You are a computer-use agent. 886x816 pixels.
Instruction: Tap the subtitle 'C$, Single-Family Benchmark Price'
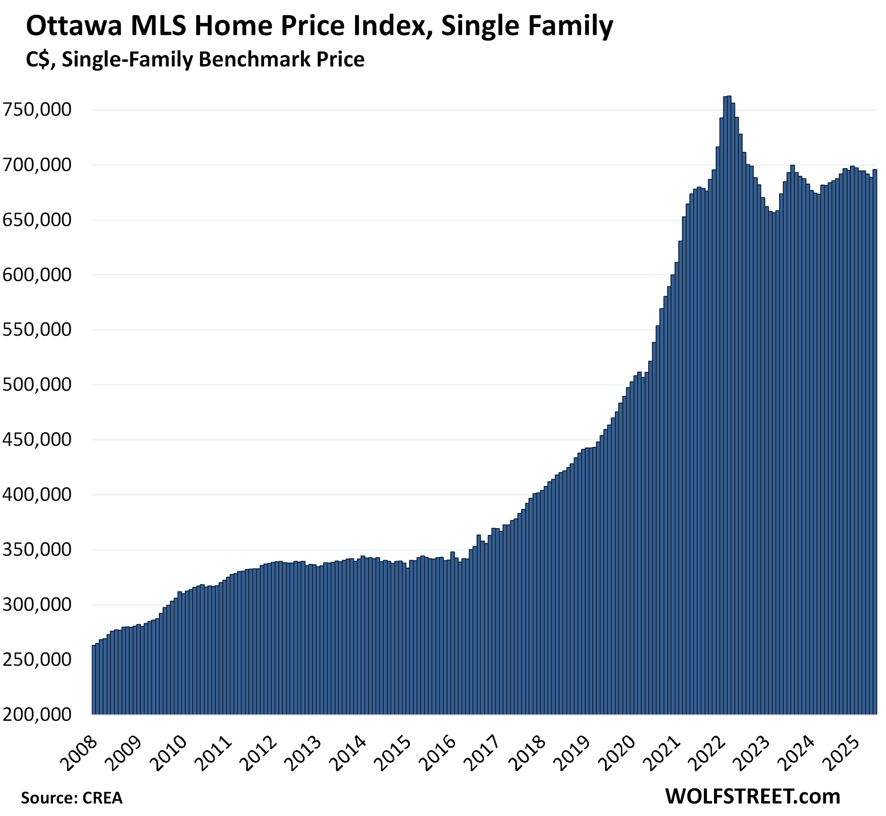coord(195,59)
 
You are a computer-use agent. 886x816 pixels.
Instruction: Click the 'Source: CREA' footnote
coord(72,798)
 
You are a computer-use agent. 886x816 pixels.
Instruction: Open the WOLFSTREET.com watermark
coord(752,796)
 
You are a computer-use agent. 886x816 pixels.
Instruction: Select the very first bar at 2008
coord(93,680)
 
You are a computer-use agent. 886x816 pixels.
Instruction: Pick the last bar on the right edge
coord(875,442)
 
